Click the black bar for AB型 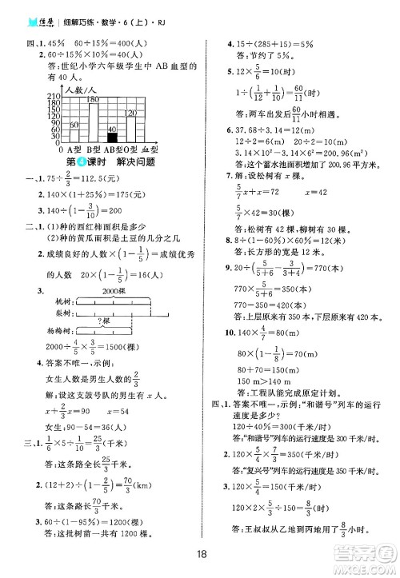coord(112,138)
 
